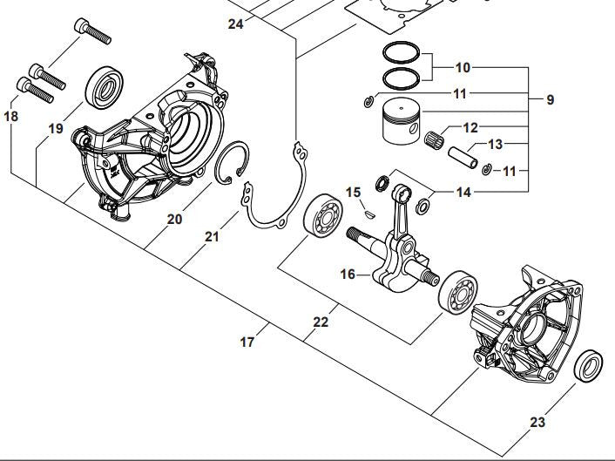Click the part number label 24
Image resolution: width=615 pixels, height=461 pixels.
[235, 24]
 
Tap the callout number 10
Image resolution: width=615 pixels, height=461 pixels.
[462, 67]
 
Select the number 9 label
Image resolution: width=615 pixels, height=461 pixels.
[550, 100]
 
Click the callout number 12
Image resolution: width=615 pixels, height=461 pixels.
[470, 127]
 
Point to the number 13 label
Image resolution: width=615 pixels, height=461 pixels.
[495, 144]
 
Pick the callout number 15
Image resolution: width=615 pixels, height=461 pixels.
[353, 192]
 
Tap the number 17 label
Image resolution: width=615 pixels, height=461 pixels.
[247, 342]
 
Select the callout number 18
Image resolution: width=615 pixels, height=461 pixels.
[10, 116]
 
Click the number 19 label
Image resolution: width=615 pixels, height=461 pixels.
[56, 129]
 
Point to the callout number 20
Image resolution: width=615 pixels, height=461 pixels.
[174, 220]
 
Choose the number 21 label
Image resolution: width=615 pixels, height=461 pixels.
[213, 236]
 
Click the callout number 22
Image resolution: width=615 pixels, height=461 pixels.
[321, 322]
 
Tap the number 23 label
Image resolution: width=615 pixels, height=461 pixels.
[537, 423]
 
